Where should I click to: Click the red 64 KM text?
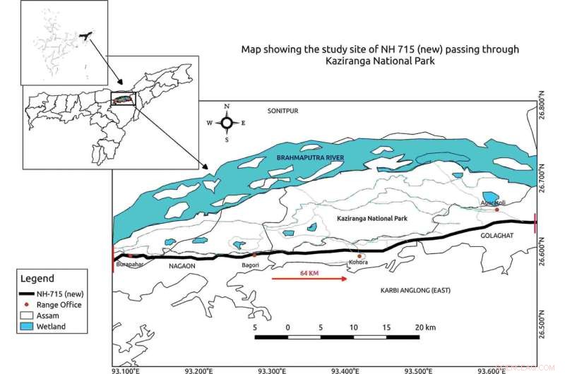[309, 272]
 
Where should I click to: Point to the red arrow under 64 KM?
[309, 279]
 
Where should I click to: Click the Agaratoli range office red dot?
[497, 210]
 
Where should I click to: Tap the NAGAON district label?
[182, 267]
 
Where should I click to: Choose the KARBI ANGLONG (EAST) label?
[415, 291]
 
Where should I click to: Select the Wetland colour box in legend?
[28, 327]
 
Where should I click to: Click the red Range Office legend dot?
[28, 305]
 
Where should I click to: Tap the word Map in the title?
[251, 49]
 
